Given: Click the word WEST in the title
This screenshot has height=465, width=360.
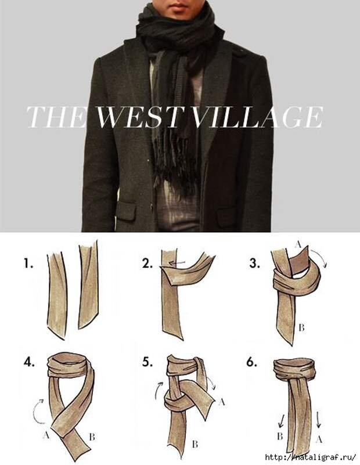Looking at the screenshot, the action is [138, 117].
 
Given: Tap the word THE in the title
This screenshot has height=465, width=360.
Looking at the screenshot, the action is [56, 117].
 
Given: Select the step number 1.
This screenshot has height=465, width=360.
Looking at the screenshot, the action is [28, 263].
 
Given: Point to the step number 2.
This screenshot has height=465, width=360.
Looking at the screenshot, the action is [147, 263].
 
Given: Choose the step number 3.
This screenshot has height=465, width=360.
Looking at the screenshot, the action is [255, 263].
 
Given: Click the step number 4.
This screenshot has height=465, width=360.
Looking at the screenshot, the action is [29, 362].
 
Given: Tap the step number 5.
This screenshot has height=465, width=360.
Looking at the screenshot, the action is [147, 362].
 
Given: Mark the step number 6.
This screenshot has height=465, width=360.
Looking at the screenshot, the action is [251, 362].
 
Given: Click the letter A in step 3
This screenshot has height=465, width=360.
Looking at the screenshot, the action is [298, 244].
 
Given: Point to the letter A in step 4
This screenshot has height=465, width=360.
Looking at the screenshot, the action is [46, 435].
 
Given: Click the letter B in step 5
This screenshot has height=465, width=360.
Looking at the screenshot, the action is [195, 444].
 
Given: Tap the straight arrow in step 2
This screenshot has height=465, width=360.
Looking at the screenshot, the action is [177, 262].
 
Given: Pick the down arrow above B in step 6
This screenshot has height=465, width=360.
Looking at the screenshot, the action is [282, 421].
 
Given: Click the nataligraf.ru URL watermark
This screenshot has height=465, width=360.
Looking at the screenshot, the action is [311, 457].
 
